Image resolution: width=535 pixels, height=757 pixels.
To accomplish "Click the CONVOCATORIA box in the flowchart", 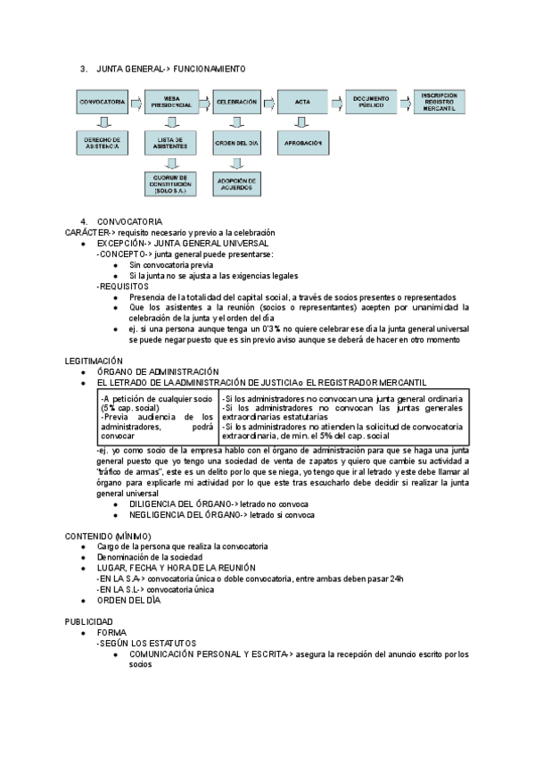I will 101,103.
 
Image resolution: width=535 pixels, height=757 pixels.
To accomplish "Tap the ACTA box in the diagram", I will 302,103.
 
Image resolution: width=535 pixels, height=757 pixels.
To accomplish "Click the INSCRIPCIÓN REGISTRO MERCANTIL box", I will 440,101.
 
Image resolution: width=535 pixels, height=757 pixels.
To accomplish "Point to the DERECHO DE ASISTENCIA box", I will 101,143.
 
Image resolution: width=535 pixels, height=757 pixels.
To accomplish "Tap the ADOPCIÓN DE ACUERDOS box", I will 235,185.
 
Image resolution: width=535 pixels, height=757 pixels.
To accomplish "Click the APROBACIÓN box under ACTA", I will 302,143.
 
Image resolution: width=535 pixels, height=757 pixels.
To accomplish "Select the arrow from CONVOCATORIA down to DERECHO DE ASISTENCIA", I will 101,122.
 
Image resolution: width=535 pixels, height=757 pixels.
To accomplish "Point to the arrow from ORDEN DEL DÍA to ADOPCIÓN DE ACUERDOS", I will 235,162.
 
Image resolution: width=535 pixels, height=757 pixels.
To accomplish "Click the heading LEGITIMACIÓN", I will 94,361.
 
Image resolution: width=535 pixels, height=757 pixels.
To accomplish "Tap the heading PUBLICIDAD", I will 89,620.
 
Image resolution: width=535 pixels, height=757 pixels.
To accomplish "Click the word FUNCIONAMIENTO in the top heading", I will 210,69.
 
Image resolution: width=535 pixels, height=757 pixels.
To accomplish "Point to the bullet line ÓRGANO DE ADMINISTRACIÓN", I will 158,371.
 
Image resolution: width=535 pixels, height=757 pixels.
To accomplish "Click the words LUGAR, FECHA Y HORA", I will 152,568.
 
